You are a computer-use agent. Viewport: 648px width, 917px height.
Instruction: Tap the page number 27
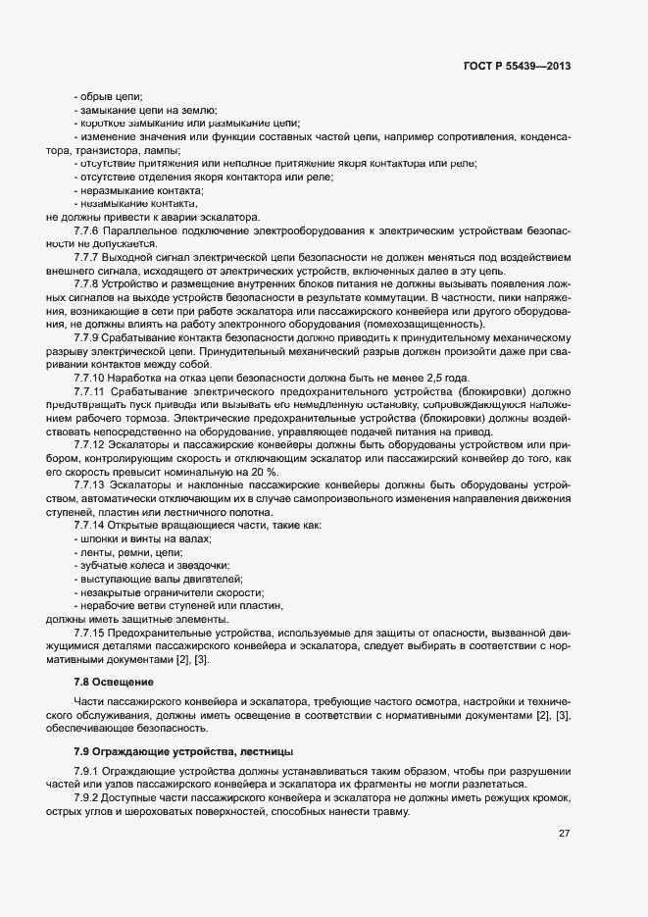tap(564, 834)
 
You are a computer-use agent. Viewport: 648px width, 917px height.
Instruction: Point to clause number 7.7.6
tap(90, 229)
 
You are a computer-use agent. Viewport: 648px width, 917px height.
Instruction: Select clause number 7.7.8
tap(90, 282)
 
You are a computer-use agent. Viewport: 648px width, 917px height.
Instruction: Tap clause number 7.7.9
tap(90, 336)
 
